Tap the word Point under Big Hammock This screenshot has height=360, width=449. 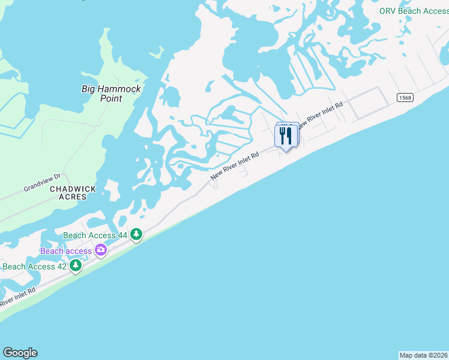coord(111,98)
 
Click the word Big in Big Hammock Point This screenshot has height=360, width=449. coord(88,89)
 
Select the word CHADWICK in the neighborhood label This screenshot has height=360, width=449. coord(73,188)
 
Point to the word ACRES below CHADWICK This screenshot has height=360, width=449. coord(73,197)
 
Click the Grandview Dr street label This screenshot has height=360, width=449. coord(42,182)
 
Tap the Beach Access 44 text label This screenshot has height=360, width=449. coord(95,235)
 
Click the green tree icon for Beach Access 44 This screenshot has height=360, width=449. coord(137,234)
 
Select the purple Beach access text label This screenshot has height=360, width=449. coord(66,251)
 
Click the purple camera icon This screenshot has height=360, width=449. coord(101,250)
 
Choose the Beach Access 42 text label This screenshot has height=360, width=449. coord(34,266)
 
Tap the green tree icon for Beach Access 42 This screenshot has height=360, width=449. coord(76,265)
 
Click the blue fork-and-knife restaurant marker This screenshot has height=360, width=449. coord(286,136)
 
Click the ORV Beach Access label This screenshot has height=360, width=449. coord(414,11)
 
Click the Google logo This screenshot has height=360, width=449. coord(20,353)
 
